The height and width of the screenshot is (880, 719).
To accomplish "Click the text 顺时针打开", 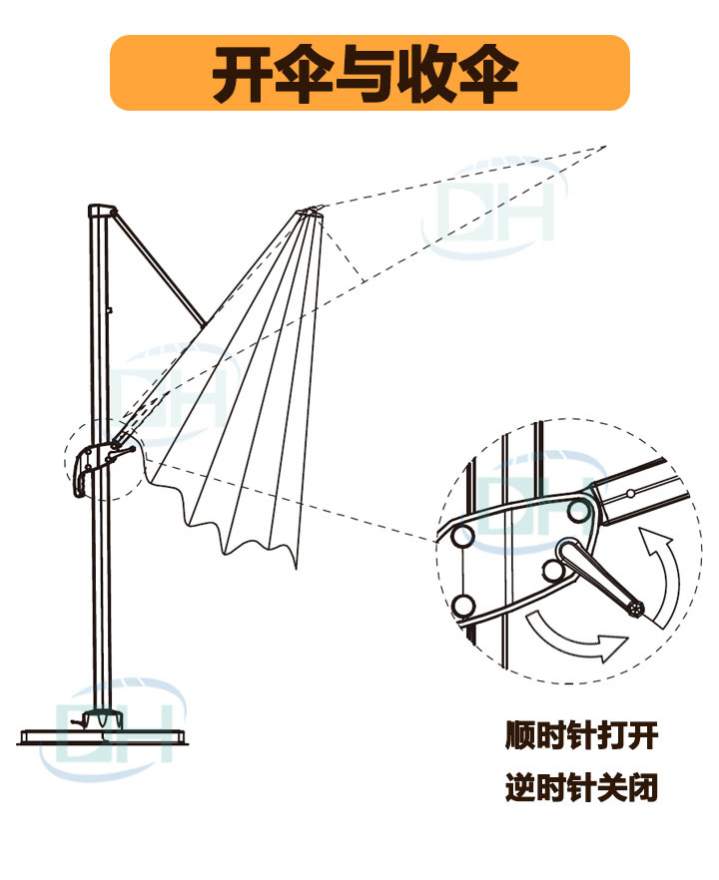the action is coord(581,739).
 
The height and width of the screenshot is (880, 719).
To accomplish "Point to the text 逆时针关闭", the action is coord(581,791).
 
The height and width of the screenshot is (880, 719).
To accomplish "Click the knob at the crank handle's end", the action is coord(634,608).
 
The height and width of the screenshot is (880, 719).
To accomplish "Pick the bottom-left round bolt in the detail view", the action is coord(463,605).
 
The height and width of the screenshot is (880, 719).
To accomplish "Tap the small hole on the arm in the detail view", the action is coord(631,492).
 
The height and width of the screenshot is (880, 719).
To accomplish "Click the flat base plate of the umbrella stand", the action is coord(105,736).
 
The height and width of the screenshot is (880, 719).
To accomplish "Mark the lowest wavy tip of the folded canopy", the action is coord(296,566).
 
